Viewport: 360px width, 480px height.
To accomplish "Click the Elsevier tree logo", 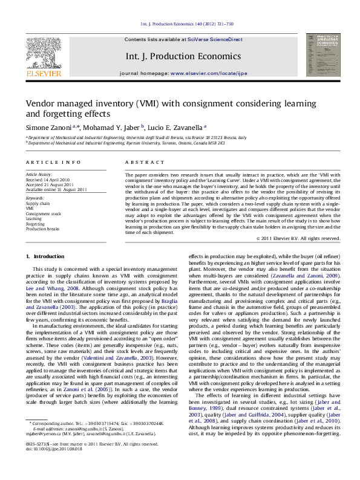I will [x=43, y=53].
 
